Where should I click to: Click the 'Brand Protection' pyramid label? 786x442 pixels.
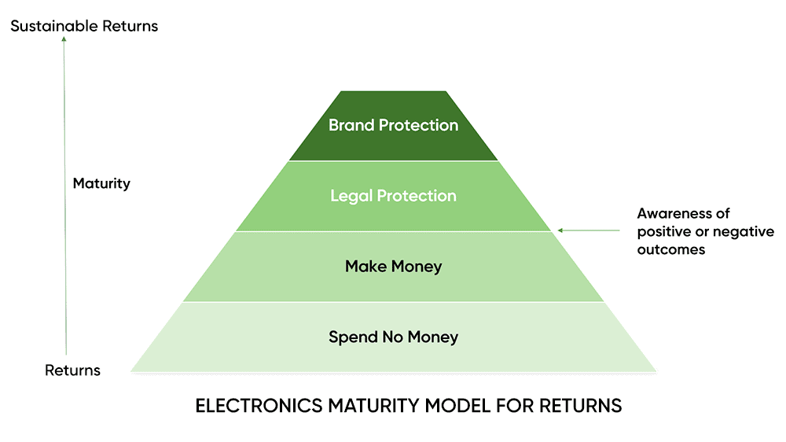click(x=393, y=125)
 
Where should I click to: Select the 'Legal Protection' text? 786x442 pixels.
click(x=393, y=196)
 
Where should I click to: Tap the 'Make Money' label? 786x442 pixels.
click(x=393, y=267)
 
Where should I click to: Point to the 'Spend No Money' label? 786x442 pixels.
click(x=393, y=337)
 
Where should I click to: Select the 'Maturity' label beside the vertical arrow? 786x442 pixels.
click(x=101, y=184)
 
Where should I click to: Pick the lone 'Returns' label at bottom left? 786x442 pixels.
click(x=72, y=370)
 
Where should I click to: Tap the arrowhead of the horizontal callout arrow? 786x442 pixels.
click(x=560, y=230)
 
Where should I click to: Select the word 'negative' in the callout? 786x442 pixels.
click(x=742, y=232)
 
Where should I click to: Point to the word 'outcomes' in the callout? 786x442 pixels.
click(x=670, y=250)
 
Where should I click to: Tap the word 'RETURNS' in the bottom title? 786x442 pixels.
click(x=581, y=407)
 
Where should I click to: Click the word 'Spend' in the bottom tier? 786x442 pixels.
click(x=350, y=337)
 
